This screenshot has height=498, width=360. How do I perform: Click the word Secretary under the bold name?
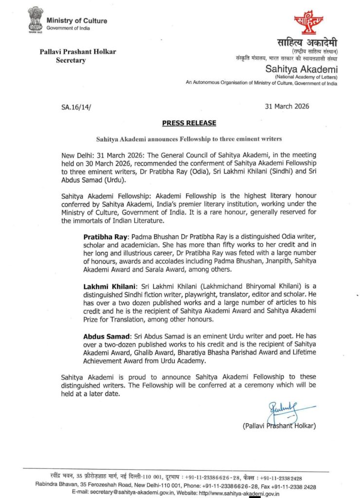[x=71, y=61]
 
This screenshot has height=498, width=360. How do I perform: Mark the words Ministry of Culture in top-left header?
[x=77, y=21]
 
